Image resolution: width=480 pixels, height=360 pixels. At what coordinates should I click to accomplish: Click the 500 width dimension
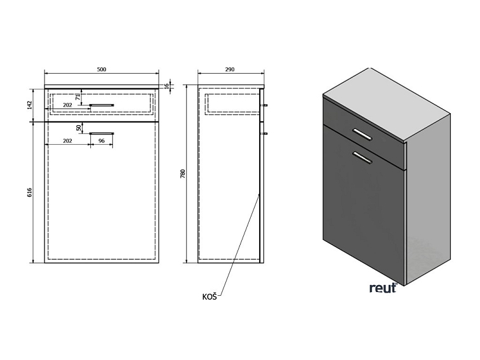[x=102, y=69]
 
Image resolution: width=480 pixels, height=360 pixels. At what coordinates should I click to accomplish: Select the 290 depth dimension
[x=230, y=69]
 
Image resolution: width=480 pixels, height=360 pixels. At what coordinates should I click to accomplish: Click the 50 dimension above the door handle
[x=78, y=128]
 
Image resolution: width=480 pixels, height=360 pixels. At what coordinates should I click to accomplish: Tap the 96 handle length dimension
[x=102, y=142]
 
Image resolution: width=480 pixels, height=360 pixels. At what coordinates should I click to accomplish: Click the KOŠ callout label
[x=210, y=297]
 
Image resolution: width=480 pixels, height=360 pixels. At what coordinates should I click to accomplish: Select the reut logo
[x=383, y=288]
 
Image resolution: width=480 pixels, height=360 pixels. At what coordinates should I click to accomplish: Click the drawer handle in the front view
[x=102, y=103]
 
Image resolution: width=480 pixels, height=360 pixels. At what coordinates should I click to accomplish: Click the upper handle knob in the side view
[x=265, y=105]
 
